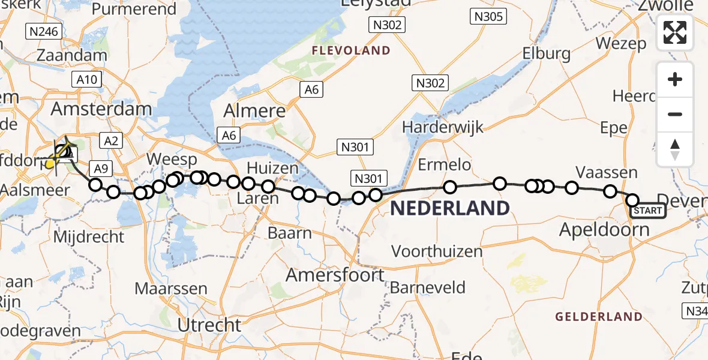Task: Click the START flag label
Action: (647, 211)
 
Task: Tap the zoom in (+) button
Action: (675, 80)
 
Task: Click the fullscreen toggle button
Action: (675, 32)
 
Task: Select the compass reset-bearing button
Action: (675, 149)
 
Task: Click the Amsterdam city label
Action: (101, 109)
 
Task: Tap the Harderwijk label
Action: (443, 127)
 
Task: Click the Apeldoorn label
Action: (604, 230)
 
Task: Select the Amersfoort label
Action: (335, 275)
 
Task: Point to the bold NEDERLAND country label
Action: (450, 209)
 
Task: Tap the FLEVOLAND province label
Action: (351, 51)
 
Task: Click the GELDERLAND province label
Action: (599, 317)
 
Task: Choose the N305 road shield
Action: (488, 17)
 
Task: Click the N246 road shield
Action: (43, 31)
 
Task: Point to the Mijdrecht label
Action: (88, 237)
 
